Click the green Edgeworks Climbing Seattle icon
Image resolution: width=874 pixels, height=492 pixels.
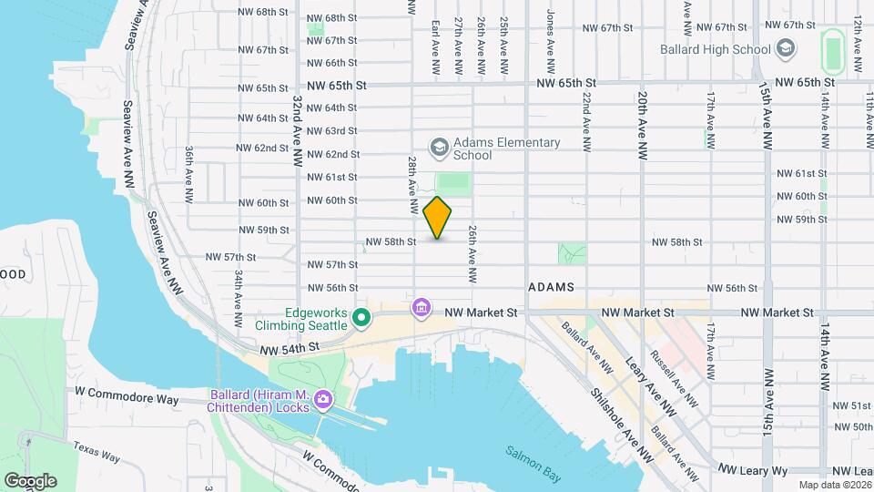tap(361, 318)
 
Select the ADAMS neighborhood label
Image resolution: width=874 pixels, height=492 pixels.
tap(551, 287)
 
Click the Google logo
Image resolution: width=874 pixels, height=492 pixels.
tap(30, 480)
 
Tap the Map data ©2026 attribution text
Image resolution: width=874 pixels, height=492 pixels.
tap(834, 485)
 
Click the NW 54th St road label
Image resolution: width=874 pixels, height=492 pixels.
tap(290, 348)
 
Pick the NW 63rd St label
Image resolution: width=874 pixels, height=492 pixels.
tap(332, 132)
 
